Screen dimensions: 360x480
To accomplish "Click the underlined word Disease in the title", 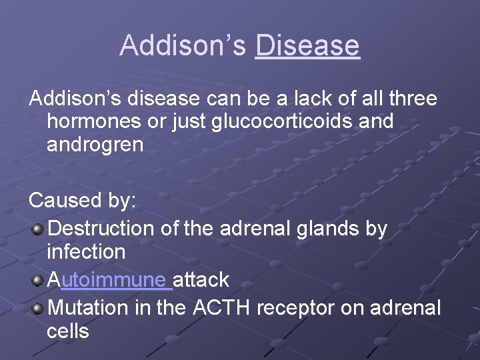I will click(307, 46).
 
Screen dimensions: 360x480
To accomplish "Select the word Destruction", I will click(103, 229).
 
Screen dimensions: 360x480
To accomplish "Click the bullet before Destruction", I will click(38, 229).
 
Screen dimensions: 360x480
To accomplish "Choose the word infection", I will click(86, 252).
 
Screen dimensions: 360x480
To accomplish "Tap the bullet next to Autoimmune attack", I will click(38, 280).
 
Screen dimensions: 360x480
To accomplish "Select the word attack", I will click(201, 279).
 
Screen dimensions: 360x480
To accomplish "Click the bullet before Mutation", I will click(38, 309).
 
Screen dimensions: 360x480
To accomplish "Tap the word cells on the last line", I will click(67, 331).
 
